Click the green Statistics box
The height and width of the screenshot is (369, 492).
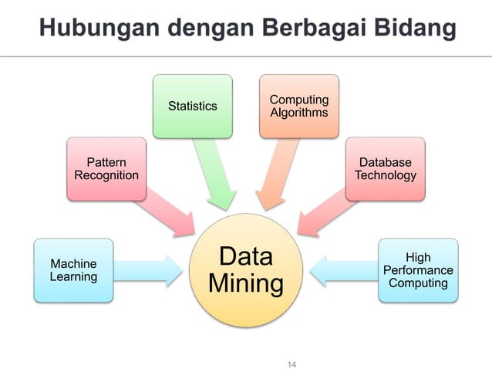192,106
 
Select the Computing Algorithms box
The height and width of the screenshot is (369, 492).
298,106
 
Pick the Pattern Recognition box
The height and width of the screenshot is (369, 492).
106,168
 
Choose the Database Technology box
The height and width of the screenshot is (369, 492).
385,168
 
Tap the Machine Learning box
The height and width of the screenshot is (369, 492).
73,270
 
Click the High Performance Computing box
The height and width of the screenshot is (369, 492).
418,270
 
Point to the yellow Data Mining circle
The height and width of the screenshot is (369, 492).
246,270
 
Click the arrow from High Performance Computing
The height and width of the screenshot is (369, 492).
344,270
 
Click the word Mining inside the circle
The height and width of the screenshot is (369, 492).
246,283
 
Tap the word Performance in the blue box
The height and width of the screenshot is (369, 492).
418,270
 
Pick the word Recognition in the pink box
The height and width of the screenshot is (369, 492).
106,175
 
